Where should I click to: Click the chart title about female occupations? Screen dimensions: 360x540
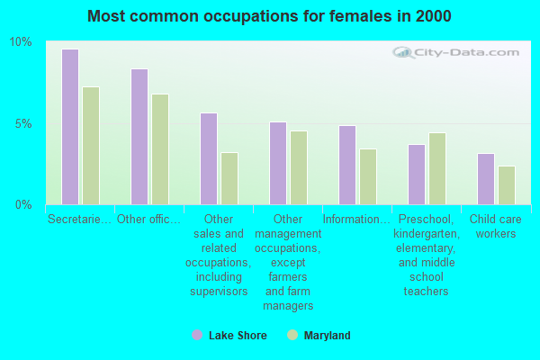click(x=270, y=16)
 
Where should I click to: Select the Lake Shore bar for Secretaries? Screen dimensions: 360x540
click(x=69, y=127)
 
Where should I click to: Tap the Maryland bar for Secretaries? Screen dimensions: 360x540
click(x=91, y=146)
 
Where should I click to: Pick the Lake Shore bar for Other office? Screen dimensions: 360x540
click(x=139, y=137)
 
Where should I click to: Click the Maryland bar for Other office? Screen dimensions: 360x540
click(x=160, y=149)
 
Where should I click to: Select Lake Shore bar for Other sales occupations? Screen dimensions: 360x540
click(x=208, y=158)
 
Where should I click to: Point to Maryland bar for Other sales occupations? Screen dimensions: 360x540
click(x=229, y=178)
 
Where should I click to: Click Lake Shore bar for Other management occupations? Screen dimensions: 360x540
click(x=277, y=163)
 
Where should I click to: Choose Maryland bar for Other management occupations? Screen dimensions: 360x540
click(x=299, y=167)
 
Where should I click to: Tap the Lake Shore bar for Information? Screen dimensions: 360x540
click(x=346, y=165)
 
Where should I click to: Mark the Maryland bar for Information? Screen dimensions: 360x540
click(x=368, y=176)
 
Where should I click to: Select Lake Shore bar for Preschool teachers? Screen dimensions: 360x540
click(x=416, y=175)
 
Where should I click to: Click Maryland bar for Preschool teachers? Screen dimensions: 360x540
click(x=437, y=168)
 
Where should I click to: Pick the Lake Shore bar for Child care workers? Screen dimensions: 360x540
click(x=485, y=179)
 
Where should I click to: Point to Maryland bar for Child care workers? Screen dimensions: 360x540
click(x=507, y=185)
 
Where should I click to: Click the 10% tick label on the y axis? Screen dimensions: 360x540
click(x=20, y=42)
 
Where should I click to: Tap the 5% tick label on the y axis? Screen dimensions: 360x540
click(x=22, y=123)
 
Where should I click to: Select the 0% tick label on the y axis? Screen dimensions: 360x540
click(x=22, y=204)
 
